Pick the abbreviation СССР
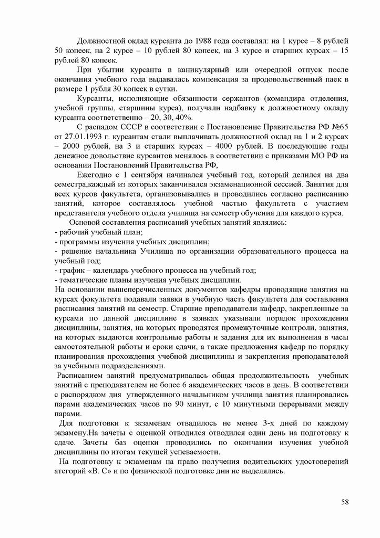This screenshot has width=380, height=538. [x=129, y=128]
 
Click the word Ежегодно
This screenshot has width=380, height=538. [x=95, y=175]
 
